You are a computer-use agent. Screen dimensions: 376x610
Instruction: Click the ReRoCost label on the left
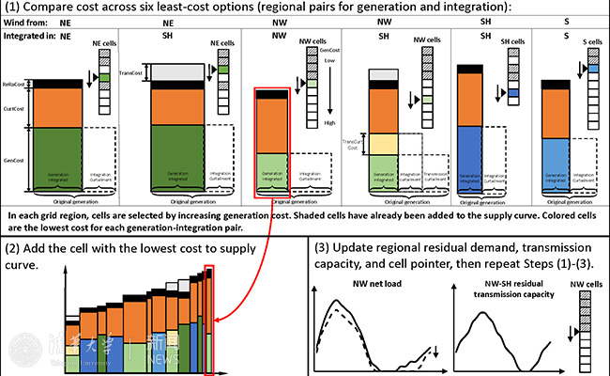(x=13, y=83)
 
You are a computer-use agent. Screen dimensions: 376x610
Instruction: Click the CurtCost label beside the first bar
(x=13, y=108)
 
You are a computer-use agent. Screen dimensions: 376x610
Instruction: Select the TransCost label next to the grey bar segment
(x=131, y=71)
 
